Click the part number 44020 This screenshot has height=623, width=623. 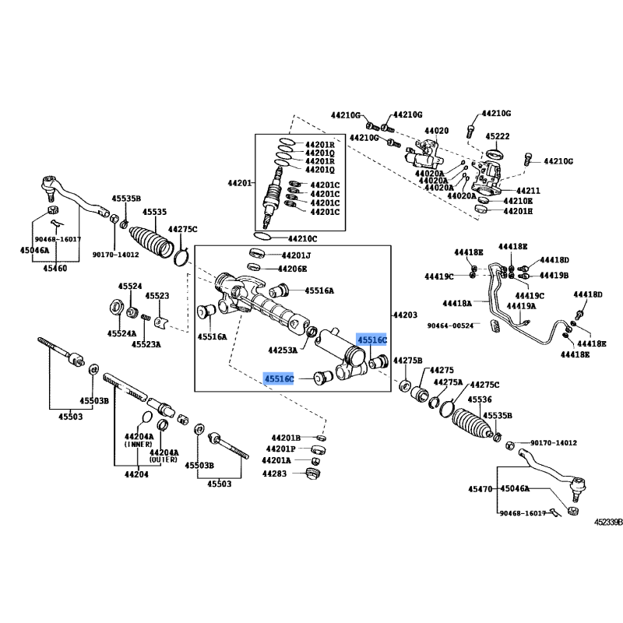click(436, 130)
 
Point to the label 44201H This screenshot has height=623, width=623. click(518, 211)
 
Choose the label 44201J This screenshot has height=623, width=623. click(296, 255)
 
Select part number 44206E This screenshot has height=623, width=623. click(294, 269)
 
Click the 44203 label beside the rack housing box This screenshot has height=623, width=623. click(404, 315)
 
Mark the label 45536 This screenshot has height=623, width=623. click(480, 399)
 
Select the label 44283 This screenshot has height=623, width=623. click(274, 473)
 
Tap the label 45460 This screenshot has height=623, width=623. click(55, 267)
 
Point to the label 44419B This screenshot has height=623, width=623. click(554, 276)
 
